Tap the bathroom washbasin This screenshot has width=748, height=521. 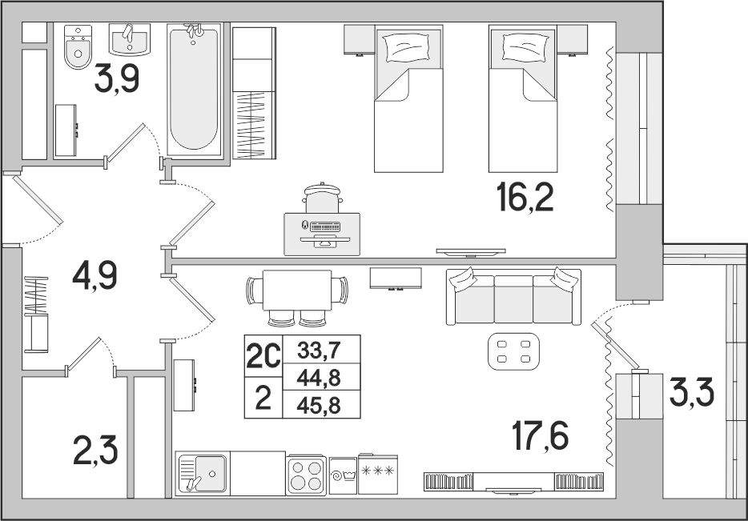click(x=130, y=39)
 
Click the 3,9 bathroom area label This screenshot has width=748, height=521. click(x=117, y=78)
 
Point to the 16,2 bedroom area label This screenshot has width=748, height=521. click(x=525, y=198)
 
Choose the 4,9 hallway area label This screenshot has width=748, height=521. click(x=95, y=276)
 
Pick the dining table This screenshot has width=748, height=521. click(x=297, y=290)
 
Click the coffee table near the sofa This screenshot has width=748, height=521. click(x=514, y=351)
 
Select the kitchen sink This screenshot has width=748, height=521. click(x=203, y=473)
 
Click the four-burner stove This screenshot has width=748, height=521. click(x=307, y=476)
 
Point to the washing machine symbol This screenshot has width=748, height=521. click(x=343, y=476)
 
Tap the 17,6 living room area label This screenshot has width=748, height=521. click(x=540, y=437)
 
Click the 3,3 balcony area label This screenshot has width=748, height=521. click(x=691, y=394)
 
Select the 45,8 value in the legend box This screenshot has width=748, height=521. click(x=319, y=406)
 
